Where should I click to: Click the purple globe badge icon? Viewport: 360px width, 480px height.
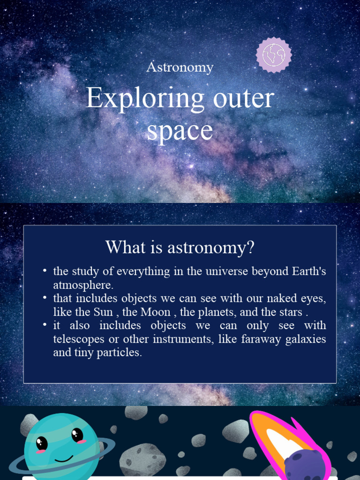274,55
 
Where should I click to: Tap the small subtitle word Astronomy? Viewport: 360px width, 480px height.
180,67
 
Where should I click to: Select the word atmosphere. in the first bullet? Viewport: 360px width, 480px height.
83,285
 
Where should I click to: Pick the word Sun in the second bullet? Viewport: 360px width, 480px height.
103,312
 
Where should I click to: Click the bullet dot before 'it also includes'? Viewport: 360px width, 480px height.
45,325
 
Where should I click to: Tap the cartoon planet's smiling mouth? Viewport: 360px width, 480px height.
64,458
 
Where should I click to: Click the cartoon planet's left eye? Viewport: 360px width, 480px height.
42,442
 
